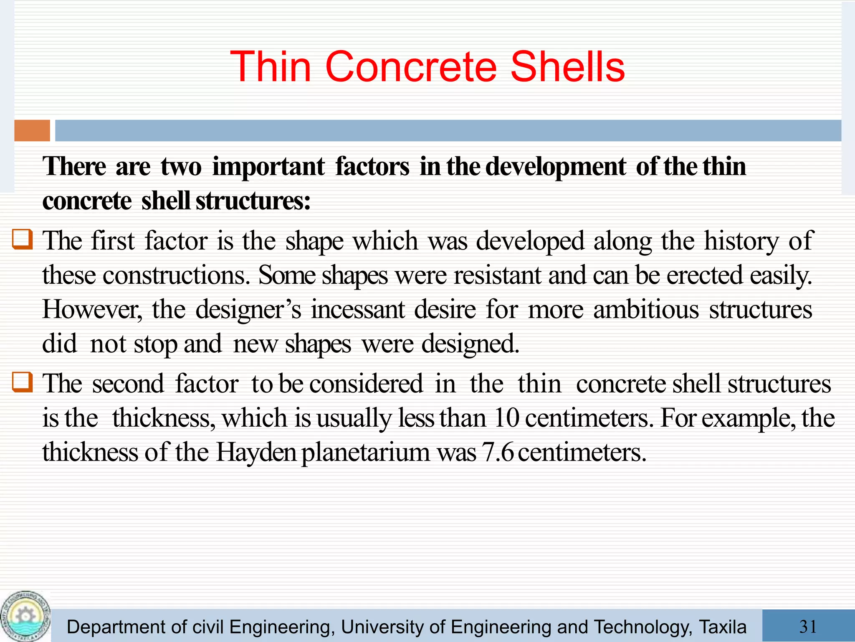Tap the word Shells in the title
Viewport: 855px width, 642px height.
pyautogui.click(x=567, y=67)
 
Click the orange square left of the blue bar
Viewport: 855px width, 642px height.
pyautogui.click(x=32, y=130)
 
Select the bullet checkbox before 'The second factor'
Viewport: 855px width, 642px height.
pyautogui.click(x=22, y=382)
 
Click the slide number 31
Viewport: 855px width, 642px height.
pyautogui.click(x=808, y=626)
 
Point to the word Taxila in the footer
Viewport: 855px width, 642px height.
pyautogui.click(x=722, y=627)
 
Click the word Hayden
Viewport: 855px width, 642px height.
pyautogui.click(x=255, y=452)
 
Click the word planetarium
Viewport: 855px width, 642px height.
pyautogui.click(x=365, y=453)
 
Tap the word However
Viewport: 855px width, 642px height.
pyautogui.click(x=92, y=310)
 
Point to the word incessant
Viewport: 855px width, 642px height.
pyautogui.click(x=358, y=310)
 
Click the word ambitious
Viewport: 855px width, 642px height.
pyautogui.click(x=646, y=310)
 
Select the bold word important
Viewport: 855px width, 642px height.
pyautogui.click(x=268, y=167)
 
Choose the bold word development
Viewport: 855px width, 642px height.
pyautogui.click(x=555, y=167)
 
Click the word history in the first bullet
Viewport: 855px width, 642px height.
pyautogui.click(x=741, y=241)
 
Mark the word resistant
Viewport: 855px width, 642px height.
pyautogui.click(x=497, y=275)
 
